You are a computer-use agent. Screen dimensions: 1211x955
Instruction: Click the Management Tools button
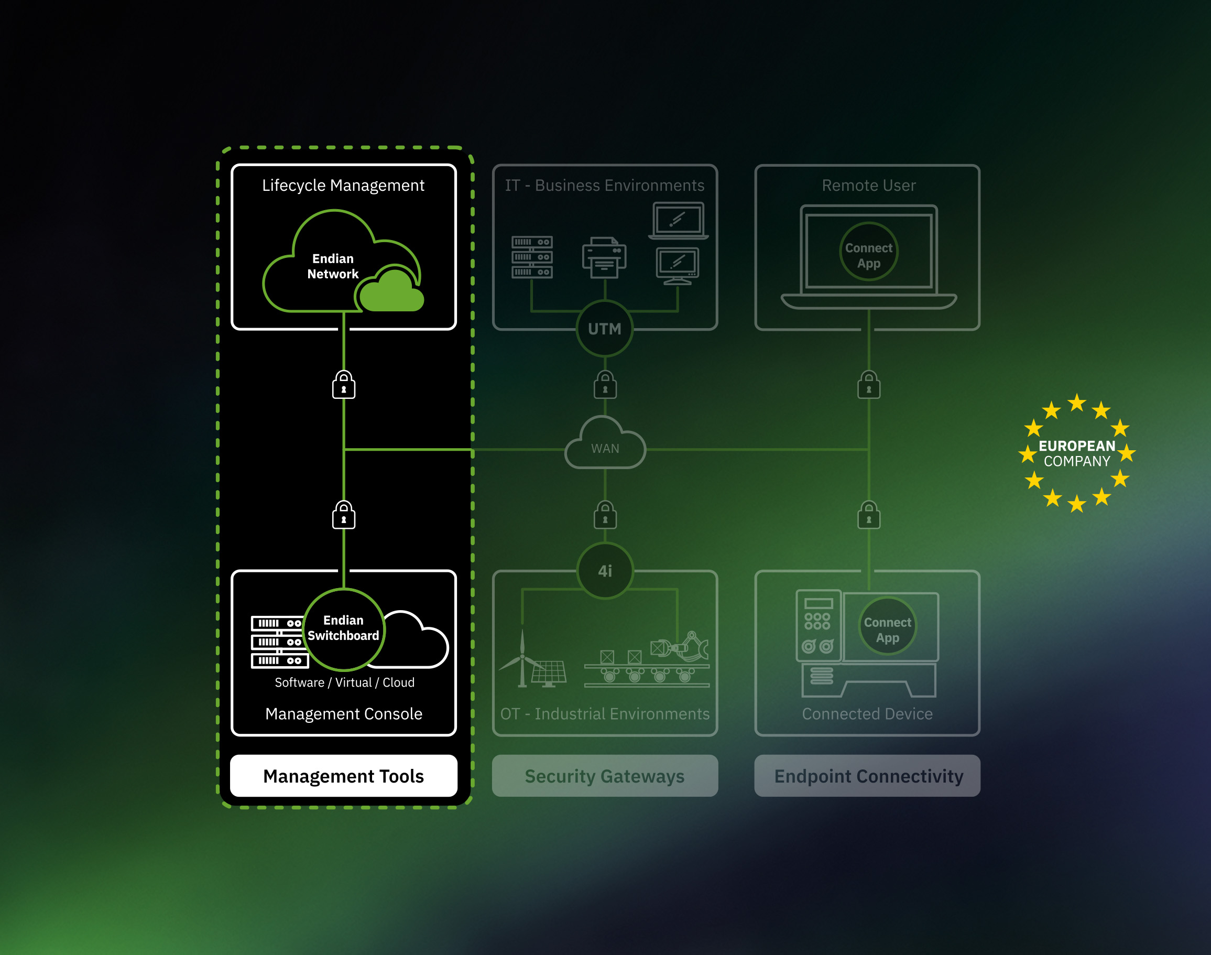click(343, 776)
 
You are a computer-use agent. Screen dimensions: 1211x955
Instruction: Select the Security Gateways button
click(605, 776)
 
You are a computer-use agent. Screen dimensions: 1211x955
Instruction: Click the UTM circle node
click(605, 329)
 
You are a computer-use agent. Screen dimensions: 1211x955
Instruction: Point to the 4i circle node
click(605, 570)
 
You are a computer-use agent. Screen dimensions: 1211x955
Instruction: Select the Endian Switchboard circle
click(344, 629)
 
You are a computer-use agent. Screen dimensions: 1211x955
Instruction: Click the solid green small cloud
click(392, 291)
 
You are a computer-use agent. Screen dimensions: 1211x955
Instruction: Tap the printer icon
click(604, 257)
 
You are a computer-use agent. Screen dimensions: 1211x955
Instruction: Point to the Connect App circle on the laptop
click(868, 252)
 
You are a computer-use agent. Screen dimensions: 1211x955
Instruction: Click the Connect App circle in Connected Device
click(888, 626)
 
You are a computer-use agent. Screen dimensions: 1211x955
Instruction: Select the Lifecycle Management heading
click(343, 185)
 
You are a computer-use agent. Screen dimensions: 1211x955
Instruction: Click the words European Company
click(1077, 453)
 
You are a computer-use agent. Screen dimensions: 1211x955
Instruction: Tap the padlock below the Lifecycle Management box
click(344, 384)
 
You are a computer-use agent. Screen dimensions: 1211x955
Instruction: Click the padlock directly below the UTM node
click(605, 384)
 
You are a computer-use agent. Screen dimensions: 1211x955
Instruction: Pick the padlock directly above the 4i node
click(605, 514)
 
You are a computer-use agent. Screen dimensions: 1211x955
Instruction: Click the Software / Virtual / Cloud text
click(344, 682)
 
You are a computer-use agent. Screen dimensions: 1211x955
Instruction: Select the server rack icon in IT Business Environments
click(532, 257)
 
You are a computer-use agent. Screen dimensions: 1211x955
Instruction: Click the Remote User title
click(868, 185)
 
